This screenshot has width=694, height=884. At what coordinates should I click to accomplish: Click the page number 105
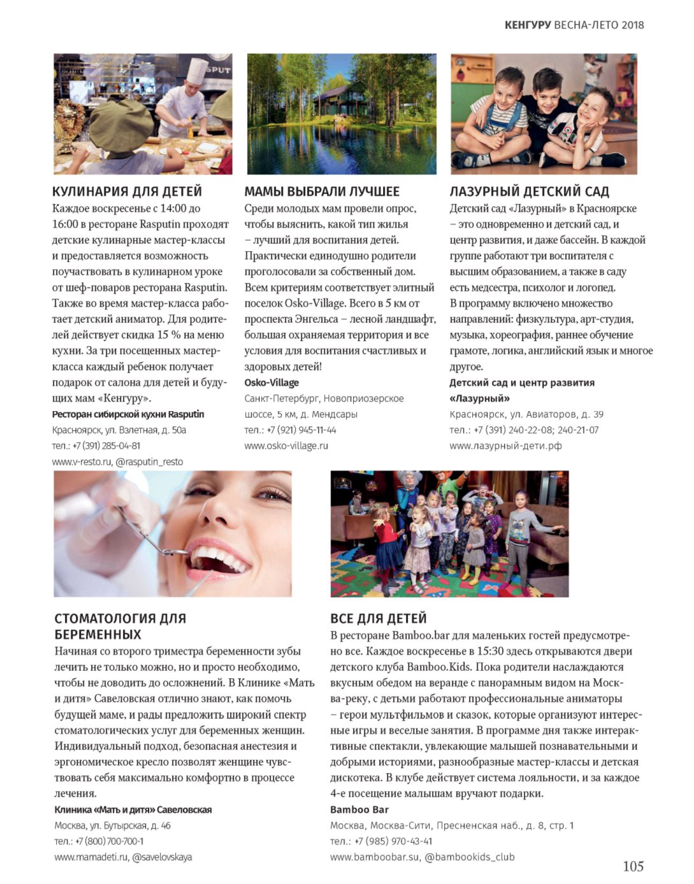pyautogui.click(x=633, y=866)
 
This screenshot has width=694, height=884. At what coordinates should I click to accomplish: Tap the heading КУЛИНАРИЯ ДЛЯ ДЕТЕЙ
pyautogui.click(x=127, y=191)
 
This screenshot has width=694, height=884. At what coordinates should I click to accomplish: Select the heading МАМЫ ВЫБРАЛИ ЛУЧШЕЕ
pyautogui.click(x=322, y=191)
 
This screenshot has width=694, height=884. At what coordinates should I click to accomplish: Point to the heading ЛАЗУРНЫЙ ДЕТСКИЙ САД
pyautogui.click(x=529, y=191)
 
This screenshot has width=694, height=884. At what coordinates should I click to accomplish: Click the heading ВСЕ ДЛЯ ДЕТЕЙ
pyautogui.click(x=378, y=618)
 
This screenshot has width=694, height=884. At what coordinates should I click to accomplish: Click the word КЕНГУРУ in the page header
pyautogui.click(x=527, y=25)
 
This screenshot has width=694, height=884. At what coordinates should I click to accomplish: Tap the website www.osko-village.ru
pyautogui.click(x=286, y=446)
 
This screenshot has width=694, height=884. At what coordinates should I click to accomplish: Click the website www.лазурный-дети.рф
pyautogui.click(x=505, y=446)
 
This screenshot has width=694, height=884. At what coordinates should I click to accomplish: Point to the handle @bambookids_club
pyautogui.click(x=469, y=857)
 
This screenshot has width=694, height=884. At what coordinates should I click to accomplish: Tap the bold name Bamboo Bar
pyautogui.click(x=359, y=809)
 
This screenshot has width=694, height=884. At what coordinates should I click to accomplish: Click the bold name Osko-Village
pyautogui.click(x=271, y=382)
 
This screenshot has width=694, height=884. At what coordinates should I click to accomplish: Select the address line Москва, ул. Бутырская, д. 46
pyautogui.click(x=112, y=825)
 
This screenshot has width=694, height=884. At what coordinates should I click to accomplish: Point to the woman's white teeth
pyautogui.click(x=220, y=554)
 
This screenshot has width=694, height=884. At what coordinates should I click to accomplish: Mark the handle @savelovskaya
pyautogui.click(x=162, y=857)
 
